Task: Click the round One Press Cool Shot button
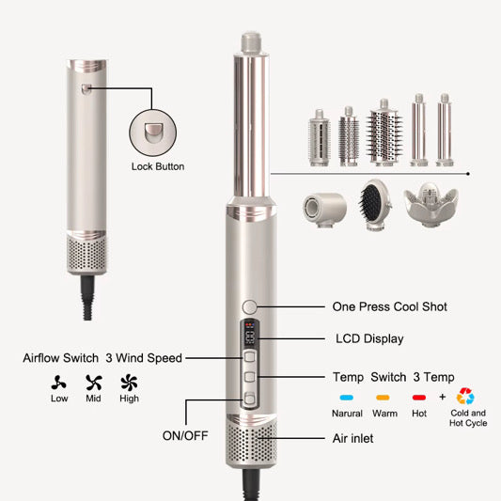tap(249, 307)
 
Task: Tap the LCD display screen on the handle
tap(249, 334)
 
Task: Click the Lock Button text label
tap(158, 166)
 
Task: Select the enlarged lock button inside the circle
tap(153, 133)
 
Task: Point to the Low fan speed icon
tap(59, 383)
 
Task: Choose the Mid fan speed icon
tap(94, 383)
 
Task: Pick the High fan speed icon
tap(129, 383)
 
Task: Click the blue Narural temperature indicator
tap(347, 398)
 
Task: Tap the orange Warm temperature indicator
tap(383, 398)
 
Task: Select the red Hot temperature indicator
tap(419, 398)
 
